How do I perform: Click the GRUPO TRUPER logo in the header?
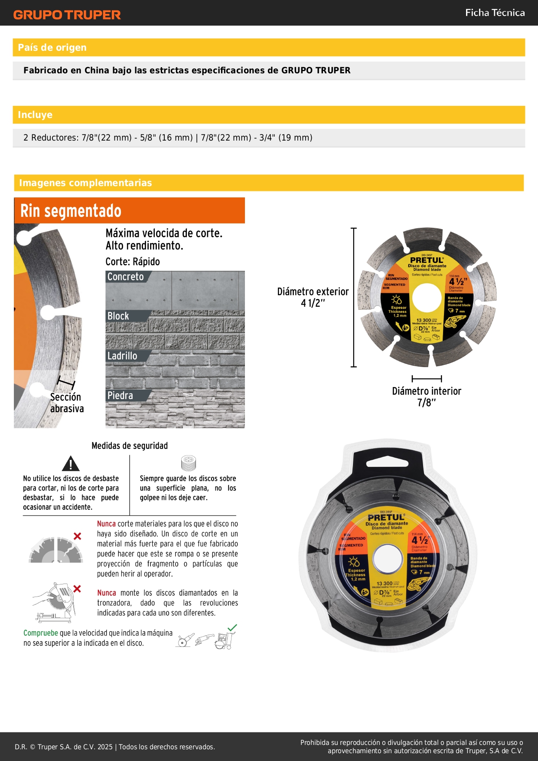67,15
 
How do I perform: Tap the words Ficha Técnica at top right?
495,13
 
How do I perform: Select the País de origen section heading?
52,48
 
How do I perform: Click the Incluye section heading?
35,115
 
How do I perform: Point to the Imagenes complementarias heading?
85,183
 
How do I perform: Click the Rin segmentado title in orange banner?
71,211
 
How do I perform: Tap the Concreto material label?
126,277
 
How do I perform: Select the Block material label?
118,316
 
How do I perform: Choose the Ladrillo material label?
122,356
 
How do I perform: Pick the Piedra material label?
121,396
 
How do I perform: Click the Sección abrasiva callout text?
67,403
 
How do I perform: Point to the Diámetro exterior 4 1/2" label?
313,297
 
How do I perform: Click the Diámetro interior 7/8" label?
427,397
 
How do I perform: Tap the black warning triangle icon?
70,464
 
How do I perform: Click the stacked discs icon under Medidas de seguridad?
188,463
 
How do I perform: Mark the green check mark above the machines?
232,627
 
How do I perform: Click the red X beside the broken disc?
77,536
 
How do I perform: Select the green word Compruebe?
41,633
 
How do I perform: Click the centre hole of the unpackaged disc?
427,298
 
